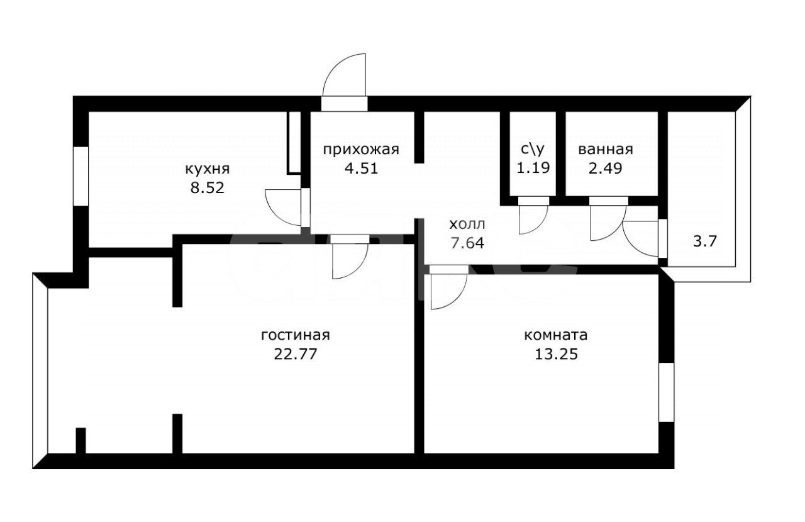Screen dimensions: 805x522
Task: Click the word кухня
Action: coord(208,169)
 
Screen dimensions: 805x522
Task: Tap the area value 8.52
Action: coord(208,187)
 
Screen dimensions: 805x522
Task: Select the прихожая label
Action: coord(361,150)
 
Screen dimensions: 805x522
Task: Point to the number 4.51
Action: coord(361,169)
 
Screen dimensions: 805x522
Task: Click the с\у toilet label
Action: coord(533,149)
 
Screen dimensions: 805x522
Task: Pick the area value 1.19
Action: coord(533,168)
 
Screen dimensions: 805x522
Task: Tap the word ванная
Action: coord(606,150)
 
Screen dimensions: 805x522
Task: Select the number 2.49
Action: coord(605,168)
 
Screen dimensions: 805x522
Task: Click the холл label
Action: coord(467,225)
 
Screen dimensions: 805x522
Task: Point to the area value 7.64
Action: coord(467,243)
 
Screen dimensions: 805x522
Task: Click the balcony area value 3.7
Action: coord(705,242)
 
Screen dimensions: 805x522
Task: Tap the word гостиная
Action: coord(296,335)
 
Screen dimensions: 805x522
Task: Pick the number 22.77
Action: coord(296,354)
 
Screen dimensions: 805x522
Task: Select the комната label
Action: coord(556,335)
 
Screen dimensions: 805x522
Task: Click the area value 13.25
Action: coord(557,354)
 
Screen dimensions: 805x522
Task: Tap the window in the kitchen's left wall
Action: coord(81,176)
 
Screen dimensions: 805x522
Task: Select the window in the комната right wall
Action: coord(666,392)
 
